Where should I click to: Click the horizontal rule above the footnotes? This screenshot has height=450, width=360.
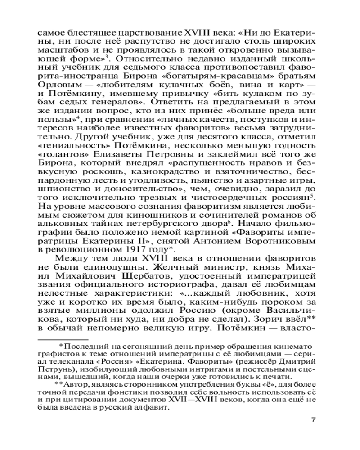(63, 339)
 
